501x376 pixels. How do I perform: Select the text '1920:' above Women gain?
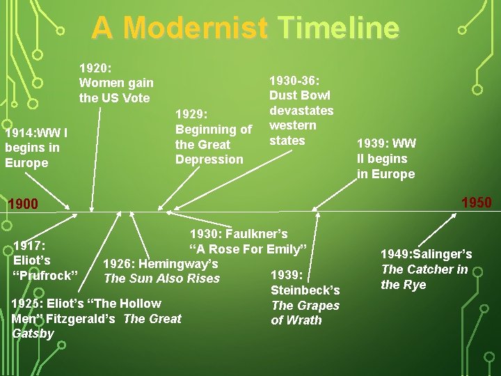point(95,68)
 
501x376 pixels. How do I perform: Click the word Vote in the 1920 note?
point(136,98)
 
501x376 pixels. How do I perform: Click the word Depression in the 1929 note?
point(209,159)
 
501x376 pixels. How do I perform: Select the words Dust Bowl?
point(300,95)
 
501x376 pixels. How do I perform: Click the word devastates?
point(301,111)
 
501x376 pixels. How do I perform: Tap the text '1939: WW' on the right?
point(386,143)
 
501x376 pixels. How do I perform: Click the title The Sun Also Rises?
point(161,279)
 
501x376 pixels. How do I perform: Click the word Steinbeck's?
point(305,290)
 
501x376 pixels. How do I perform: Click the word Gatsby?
point(33,334)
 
